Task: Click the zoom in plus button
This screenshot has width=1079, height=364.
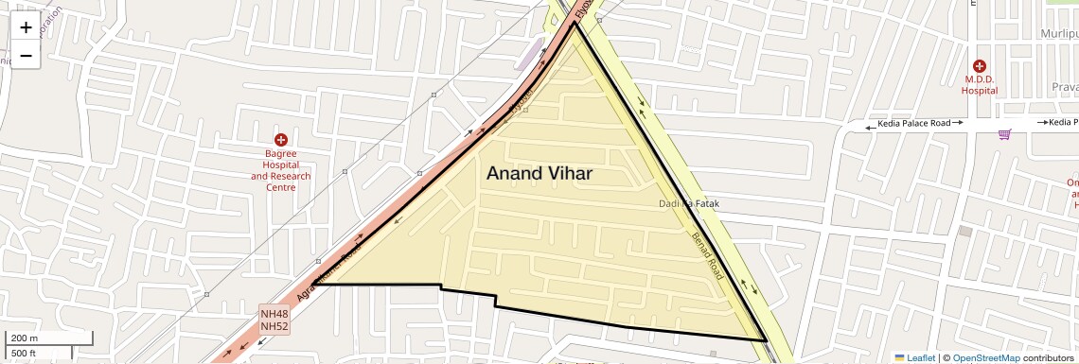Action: click(26, 27)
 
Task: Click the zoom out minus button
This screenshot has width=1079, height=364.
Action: click(26, 55)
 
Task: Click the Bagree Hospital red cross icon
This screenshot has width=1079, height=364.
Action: click(281, 140)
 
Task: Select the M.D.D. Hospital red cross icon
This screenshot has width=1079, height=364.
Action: click(979, 66)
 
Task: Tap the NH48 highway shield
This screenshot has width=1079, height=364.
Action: click(274, 314)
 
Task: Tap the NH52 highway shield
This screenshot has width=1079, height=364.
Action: click(274, 326)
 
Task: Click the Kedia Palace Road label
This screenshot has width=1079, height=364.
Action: click(912, 123)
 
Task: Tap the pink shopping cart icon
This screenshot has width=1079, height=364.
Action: click(1004, 134)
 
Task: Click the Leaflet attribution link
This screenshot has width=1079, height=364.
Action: click(914, 357)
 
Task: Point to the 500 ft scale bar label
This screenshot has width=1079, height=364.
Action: click(24, 353)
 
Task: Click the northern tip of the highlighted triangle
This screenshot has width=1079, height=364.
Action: click(575, 24)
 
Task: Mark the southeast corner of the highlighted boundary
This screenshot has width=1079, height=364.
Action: click(766, 339)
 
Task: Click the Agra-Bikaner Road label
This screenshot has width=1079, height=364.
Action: click(328, 272)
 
